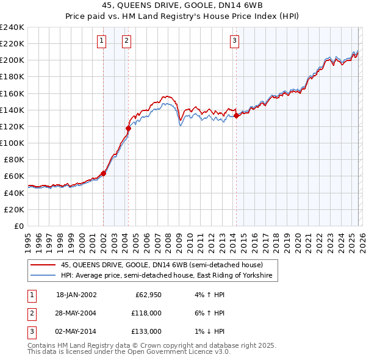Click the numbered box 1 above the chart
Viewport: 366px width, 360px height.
click(101, 41)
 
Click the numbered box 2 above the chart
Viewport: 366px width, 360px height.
click(126, 41)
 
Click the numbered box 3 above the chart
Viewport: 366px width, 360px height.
click(234, 41)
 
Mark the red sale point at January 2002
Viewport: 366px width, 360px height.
click(103, 173)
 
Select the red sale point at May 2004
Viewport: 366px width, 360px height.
click(129, 128)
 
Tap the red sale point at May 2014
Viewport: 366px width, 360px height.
click(236, 115)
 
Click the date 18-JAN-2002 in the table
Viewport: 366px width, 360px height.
click(76, 295)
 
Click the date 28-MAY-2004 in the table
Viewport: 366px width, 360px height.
click(76, 313)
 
